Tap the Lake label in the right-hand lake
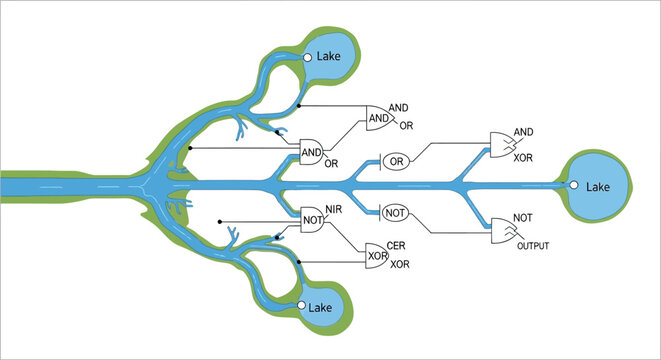[598, 186]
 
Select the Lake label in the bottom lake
[322, 307]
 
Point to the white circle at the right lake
[574, 185]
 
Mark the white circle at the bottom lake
[301, 306]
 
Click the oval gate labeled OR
[396, 161]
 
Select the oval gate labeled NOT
[395, 212]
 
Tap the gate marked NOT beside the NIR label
[314, 216]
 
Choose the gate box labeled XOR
[376, 256]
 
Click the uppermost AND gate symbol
[381, 118]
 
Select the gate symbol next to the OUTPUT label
[504, 233]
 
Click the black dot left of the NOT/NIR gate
[219, 221]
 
